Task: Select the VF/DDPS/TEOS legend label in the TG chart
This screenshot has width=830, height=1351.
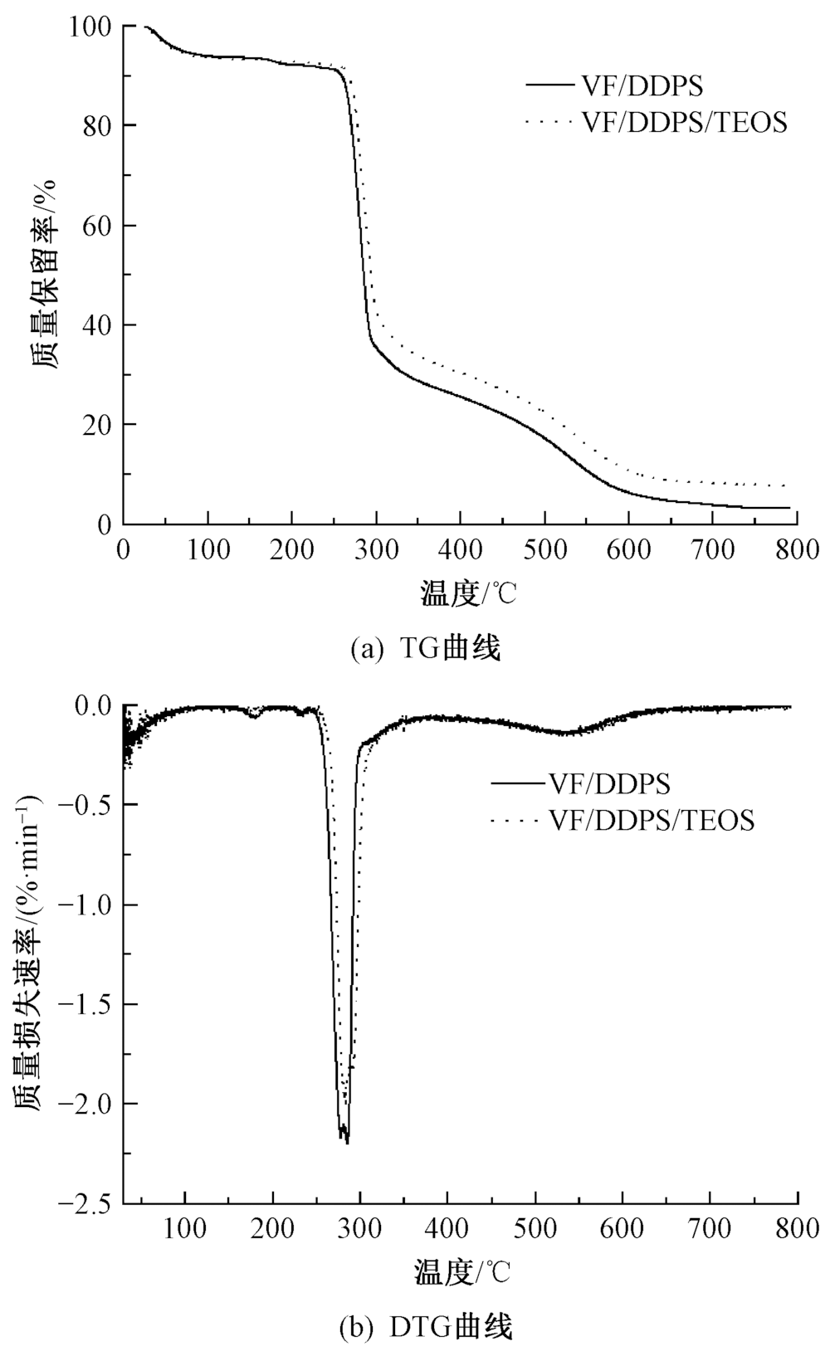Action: point(684,123)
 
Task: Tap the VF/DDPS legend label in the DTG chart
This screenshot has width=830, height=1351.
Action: point(610,783)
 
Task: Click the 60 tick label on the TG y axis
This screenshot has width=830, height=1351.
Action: point(102,226)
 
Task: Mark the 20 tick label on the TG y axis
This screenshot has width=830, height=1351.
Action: point(102,425)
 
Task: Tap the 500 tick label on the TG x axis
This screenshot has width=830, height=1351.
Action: point(544,549)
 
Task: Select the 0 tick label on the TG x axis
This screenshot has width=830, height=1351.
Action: point(124,549)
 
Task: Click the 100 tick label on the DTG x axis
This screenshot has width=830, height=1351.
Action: point(186,1228)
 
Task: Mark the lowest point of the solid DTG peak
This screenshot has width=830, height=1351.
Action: point(346,1143)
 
